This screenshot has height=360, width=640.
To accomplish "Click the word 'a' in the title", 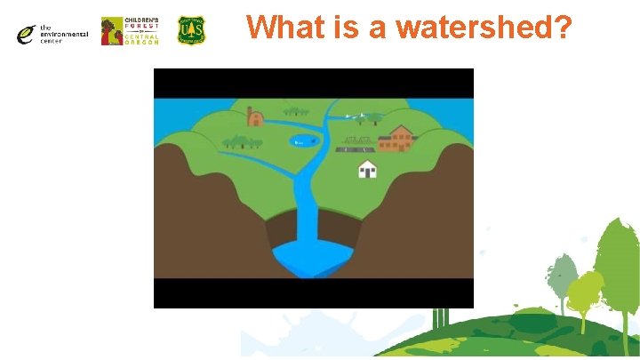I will [377, 28].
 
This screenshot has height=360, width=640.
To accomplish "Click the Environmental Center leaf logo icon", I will [26, 35].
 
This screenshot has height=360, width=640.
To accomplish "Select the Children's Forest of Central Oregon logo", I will [131, 31].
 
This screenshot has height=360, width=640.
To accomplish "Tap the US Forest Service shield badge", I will [191, 30].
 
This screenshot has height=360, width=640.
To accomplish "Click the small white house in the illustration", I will [367, 169].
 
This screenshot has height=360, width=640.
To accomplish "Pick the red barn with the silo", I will [256, 116].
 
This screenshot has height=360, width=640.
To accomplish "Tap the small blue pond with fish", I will [303, 140].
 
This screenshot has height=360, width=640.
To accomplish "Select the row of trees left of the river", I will [243, 141].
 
